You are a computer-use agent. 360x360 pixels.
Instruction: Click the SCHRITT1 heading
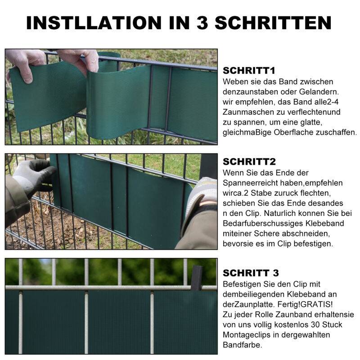pos(249,71)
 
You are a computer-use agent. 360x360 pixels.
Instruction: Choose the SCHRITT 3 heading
pos(251,273)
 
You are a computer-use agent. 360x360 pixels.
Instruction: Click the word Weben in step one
pos(234,81)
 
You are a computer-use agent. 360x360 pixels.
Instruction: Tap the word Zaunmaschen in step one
pos(246,112)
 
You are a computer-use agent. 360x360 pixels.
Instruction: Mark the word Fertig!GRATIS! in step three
pos(286,304)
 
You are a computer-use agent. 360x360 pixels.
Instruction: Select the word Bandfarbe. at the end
pos(243,345)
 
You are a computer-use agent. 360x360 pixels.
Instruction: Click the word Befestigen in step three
pos(243,284)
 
